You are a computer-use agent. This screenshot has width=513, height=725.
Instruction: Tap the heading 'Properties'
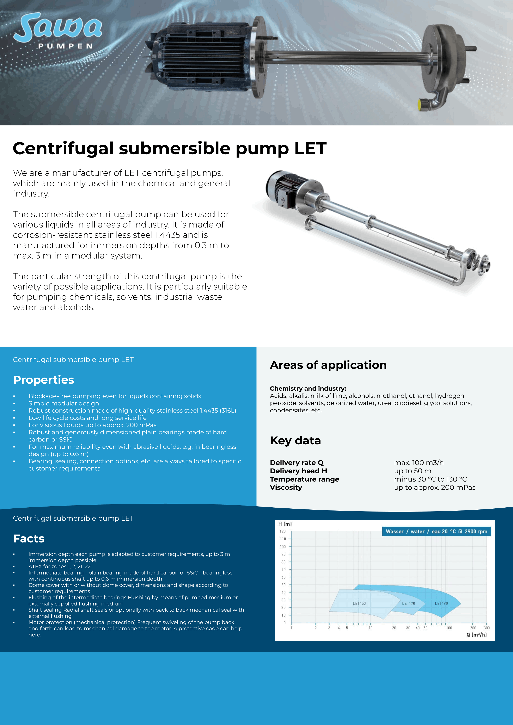[x=44, y=380]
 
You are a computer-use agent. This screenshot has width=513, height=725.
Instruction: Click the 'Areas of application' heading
[x=328, y=365]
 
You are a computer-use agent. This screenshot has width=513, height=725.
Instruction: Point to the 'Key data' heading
[x=295, y=440]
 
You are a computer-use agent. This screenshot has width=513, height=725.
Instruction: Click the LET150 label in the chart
[x=359, y=603]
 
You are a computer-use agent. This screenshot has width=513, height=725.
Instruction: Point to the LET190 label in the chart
[x=441, y=603]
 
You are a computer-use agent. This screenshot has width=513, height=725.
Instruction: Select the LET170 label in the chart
[x=408, y=603]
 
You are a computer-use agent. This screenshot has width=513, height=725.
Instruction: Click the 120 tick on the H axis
[x=283, y=531]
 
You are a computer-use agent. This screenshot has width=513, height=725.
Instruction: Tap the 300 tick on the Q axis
[x=487, y=628]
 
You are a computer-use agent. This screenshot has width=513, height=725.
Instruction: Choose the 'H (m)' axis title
[x=285, y=524]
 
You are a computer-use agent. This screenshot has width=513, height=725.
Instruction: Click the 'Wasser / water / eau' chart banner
[x=436, y=531]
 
